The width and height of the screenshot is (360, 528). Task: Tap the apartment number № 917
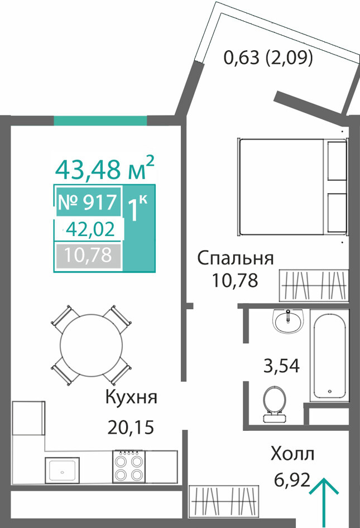[88, 202]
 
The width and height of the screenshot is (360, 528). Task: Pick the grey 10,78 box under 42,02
[88, 255]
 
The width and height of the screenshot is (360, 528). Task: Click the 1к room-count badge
[137, 209]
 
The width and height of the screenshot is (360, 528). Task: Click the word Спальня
[235, 258]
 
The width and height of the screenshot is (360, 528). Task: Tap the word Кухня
[131, 397]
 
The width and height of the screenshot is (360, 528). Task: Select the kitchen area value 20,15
[131, 427]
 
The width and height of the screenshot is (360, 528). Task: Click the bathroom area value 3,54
[281, 366]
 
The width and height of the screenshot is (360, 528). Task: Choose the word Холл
[292, 454]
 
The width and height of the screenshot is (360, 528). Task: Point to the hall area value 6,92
[292, 480]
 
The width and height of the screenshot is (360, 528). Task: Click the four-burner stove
[129, 467]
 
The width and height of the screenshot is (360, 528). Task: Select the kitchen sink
[63, 471]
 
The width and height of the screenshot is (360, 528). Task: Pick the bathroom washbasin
[289, 320]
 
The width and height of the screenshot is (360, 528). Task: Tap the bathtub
[329, 355]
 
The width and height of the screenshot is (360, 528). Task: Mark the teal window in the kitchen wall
[100, 120]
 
